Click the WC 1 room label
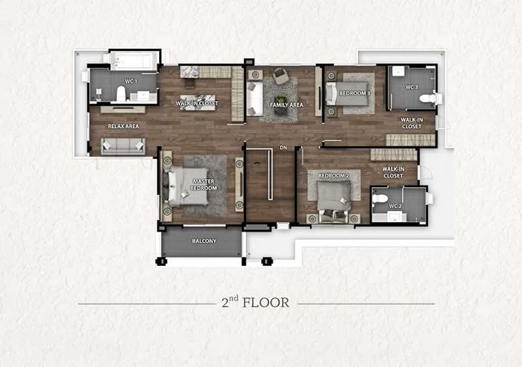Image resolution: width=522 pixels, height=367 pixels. pyautogui.click(x=131, y=81)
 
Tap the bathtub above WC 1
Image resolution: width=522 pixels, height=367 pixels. pyautogui.click(x=134, y=61)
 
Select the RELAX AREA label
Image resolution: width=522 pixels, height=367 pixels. pyautogui.click(x=123, y=126)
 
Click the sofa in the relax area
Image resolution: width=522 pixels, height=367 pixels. pyautogui.click(x=123, y=146)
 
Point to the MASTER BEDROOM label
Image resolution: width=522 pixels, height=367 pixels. pyautogui.click(x=204, y=184)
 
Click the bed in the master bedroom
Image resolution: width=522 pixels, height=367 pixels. pyautogui.click(x=189, y=186)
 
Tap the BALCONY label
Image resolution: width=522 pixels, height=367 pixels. pyautogui.click(x=204, y=241)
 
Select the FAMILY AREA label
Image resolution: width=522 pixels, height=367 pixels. pyautogui.click(x=286, y=105)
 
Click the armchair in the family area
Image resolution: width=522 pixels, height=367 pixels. pyautogui.click(x=281, y=76)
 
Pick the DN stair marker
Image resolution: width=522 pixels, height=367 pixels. pyautogui.click(x=283, y=148)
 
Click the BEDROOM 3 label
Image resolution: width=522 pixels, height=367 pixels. pyautogui.click(x=355, y=93)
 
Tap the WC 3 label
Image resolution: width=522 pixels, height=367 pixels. pyautogui.click(x=412, y=87)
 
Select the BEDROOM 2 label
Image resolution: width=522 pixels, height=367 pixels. pyautogui.click(x=333, y=176)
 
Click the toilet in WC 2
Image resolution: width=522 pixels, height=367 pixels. pyautogui.click(x=380, y=199)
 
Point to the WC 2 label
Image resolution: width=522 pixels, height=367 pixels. pyautogui.click(x=395, y=206)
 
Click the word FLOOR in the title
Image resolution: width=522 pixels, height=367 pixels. pyautogui.click(x=266, y=302)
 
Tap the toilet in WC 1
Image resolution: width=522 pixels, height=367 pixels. pyautogui.click(x=121, y=94)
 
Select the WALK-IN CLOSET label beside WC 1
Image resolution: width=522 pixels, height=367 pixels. pyautogui.click(x=197, y=104)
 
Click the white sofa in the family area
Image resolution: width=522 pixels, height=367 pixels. pyautogui.click(x=254, y=99)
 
